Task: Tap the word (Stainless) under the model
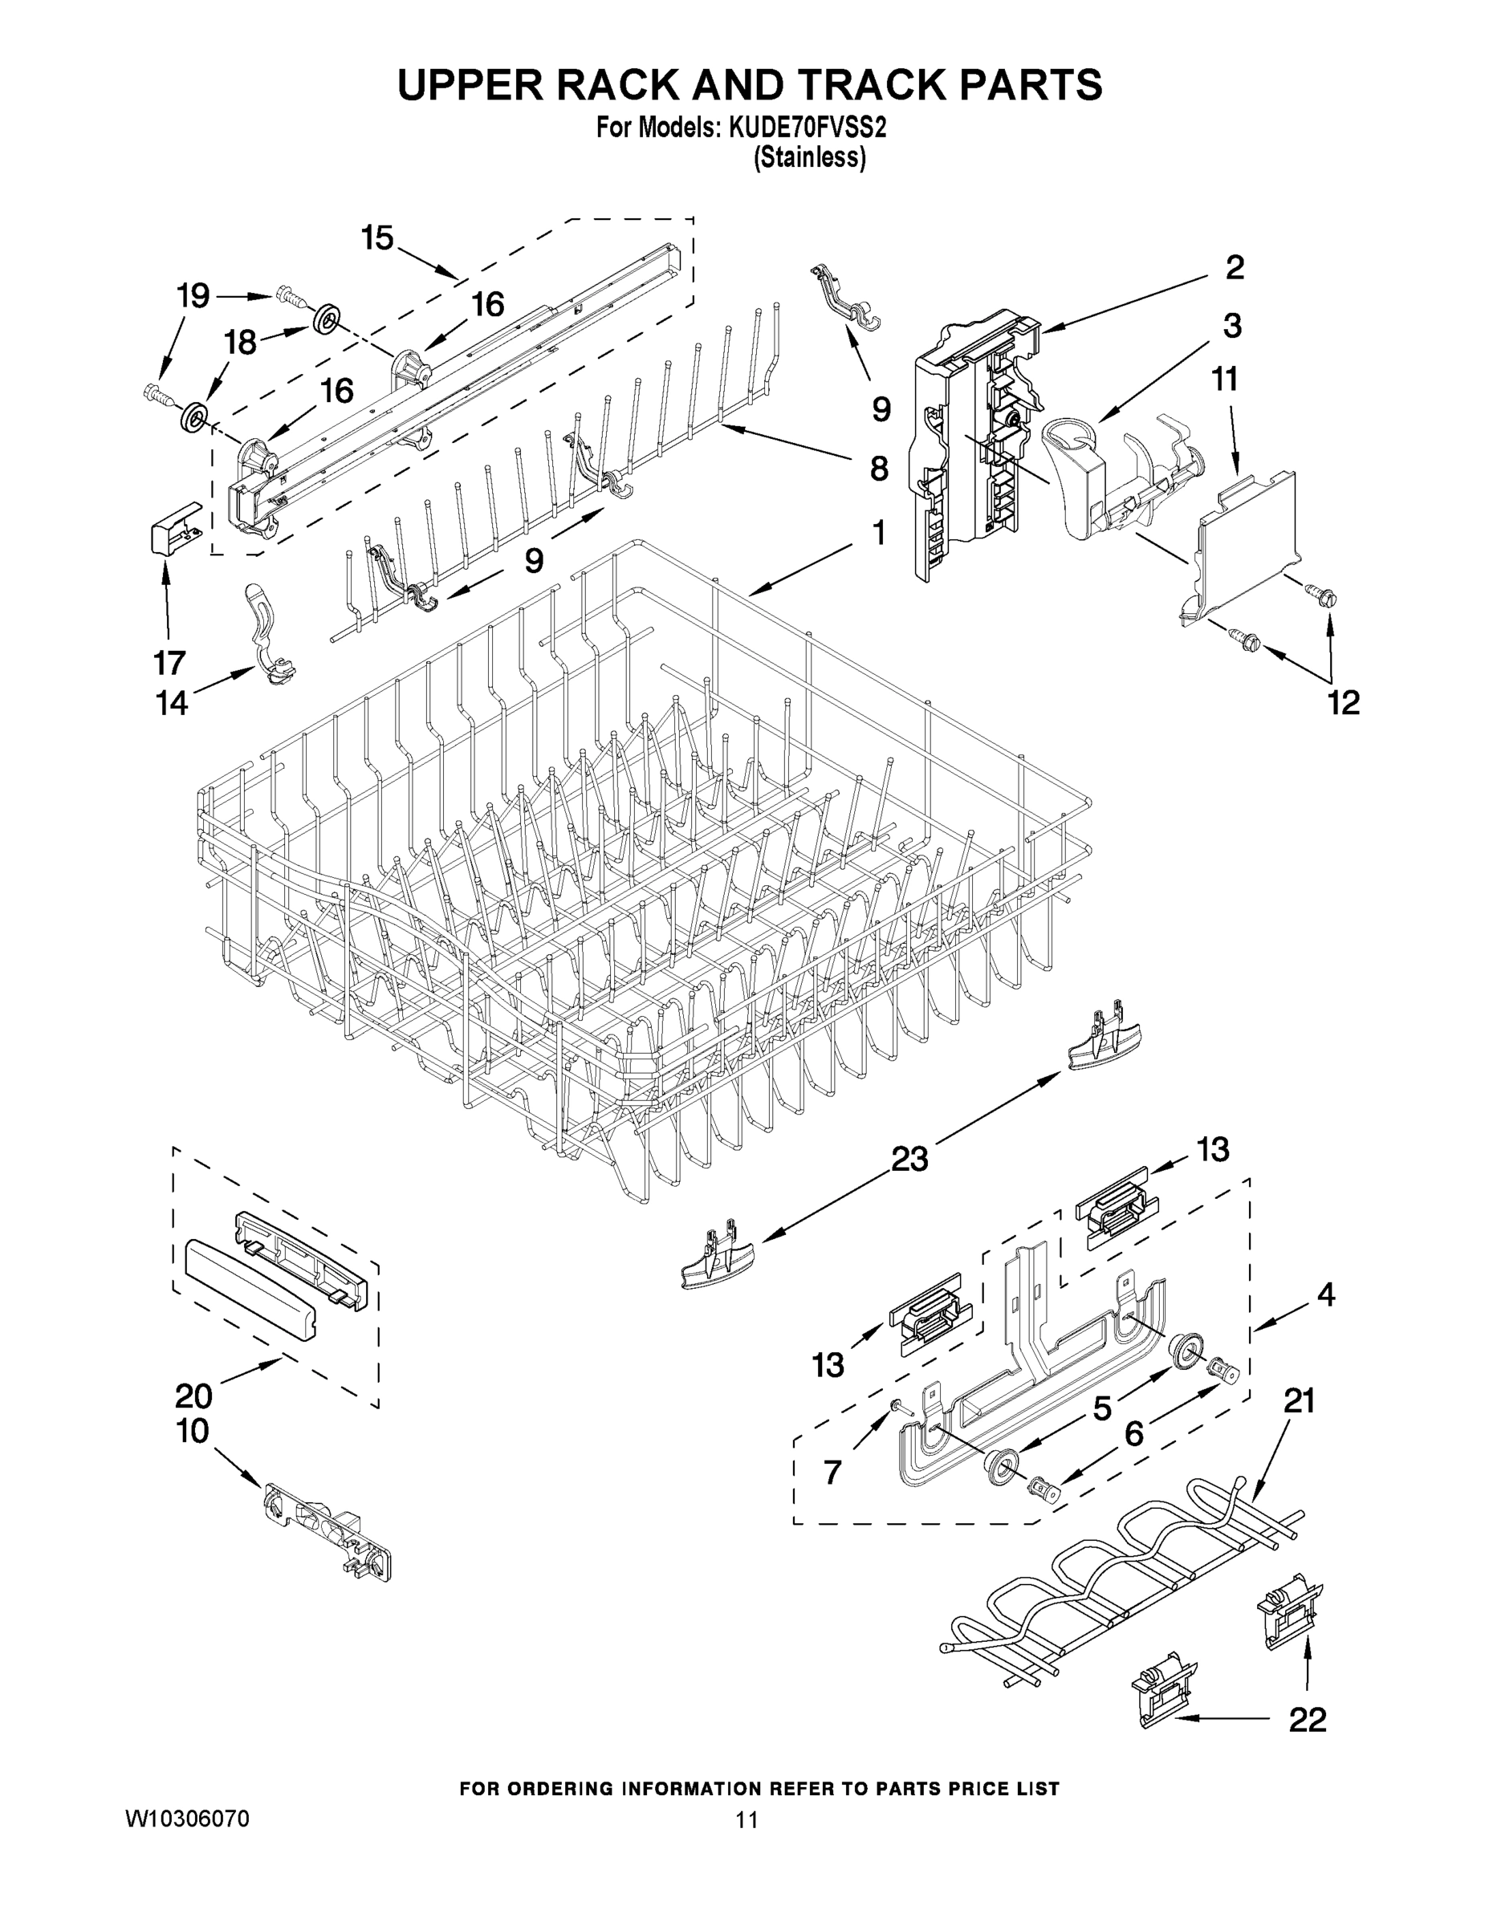click(809, 158)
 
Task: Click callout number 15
click(376, 238)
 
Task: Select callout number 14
click(173, 703)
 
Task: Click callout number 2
click(1234, 268)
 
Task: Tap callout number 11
click(1224, 380)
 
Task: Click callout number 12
click(1345, 703)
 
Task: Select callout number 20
click(194, 1396)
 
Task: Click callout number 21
click(1299, 1400)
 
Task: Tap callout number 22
click(1308, 1720)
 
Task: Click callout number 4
click(1326, 1295)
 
